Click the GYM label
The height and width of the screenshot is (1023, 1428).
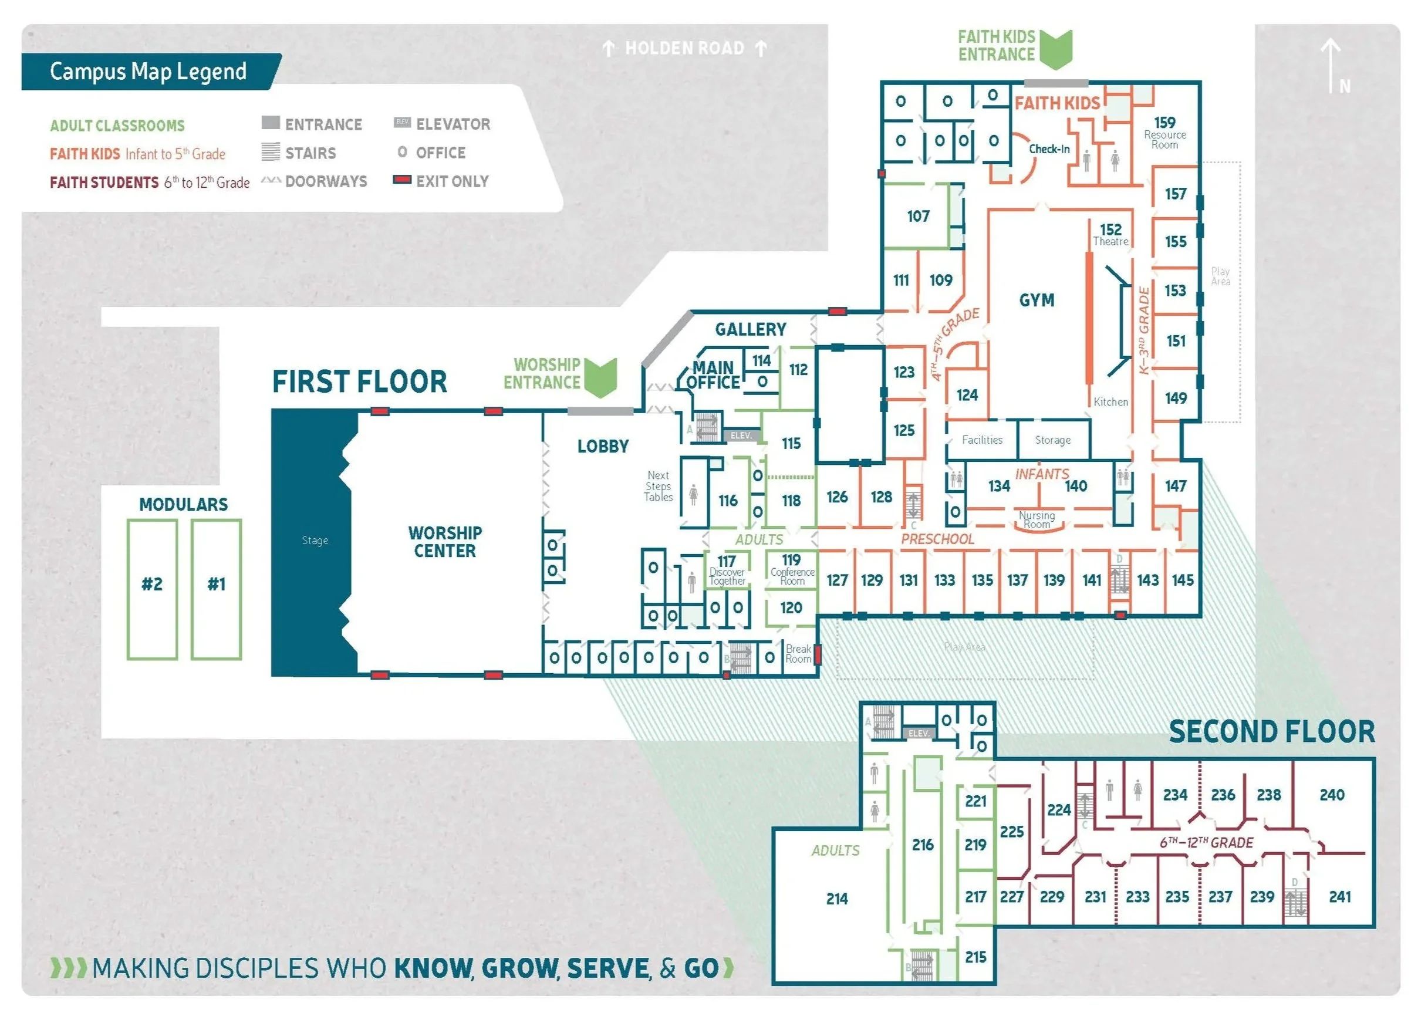[1037, 301]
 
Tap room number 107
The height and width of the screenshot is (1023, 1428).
[918, 217]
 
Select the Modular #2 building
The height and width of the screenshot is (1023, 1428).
[152, 585]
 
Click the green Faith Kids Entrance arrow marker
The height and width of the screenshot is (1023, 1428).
[1055, 49]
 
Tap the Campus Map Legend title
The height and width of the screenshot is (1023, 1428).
[148, 71]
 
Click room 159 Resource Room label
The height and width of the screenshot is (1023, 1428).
[1164, 131]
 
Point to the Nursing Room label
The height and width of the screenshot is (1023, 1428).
[1037, 519]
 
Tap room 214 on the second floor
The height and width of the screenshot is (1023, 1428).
[837, 899]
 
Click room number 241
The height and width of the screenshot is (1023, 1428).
[1339, 896]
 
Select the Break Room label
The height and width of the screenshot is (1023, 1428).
[798, 654]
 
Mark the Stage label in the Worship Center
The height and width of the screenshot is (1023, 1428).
[315, 541]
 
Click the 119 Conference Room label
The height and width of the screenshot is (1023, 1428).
[791, 569]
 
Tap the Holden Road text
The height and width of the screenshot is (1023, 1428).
[684, 49]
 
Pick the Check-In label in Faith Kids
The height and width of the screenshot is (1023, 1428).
[1049, 149]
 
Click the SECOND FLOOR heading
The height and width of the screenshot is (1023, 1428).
[1271, 732]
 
